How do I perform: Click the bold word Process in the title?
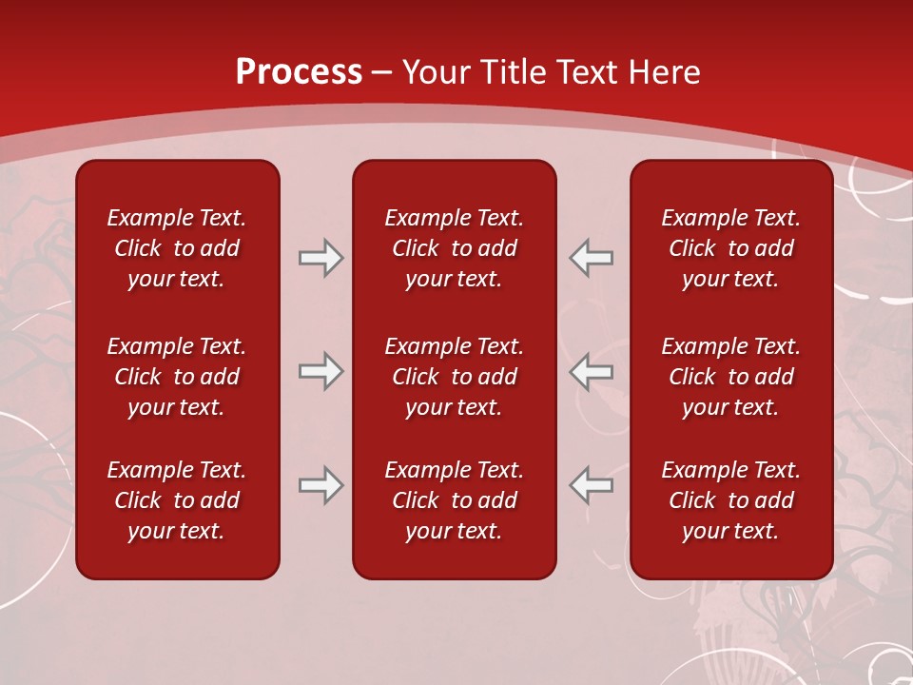pos(299,72)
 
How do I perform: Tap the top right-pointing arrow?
pos(321,258)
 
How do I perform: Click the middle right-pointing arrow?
pos(321,371)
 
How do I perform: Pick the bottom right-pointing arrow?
pos(321,485)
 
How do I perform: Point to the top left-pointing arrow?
pos(591,258)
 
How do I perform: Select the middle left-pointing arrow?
pos(591,371)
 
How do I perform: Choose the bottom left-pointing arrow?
pos(591,485)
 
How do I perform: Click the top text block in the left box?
pos(177,248)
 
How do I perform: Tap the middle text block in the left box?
pos(177,377)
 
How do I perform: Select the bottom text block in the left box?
pos(177,500)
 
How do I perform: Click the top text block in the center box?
pos(454,248)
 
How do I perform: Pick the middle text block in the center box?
pos(454,377)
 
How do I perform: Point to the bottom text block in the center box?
pos(454,500)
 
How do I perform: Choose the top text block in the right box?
pos(730,248)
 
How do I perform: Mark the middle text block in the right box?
pos(730,377)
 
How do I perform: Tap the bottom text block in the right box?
pos(730,500)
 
